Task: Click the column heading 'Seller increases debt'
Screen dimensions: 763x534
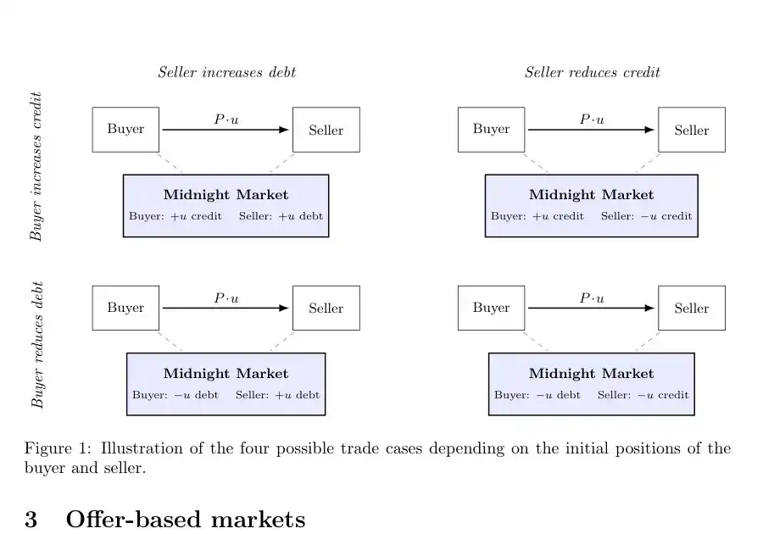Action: coord(226,72)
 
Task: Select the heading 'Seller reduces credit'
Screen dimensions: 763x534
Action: coord(593,72)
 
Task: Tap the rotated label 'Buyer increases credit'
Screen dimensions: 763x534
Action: coord(36,166)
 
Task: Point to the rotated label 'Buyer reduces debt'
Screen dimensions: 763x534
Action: coord(37,344)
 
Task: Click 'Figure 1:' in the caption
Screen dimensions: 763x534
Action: coord(58,448)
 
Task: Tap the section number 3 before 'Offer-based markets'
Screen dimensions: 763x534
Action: coord(31,520)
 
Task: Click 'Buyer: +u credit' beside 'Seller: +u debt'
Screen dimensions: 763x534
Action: coord(175,216)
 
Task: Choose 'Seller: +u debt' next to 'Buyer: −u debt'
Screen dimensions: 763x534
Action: coord(277,395)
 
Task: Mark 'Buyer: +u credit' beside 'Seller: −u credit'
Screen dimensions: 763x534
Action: coord(537,216)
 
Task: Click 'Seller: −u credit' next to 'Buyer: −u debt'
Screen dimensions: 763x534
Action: coord(643,395)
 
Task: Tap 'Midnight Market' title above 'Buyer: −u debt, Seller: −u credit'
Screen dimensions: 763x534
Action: coord(591,374)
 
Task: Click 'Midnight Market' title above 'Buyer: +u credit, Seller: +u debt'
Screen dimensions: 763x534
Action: coord(226,195)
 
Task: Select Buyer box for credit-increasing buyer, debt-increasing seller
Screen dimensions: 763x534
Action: coord(125,130)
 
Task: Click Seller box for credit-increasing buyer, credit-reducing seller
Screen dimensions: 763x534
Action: coord(692,130)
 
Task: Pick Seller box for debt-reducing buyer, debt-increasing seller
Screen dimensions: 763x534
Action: coord(326,308)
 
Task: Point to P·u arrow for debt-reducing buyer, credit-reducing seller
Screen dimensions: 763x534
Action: coord(591,308)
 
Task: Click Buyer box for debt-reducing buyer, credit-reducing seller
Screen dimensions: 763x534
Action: coord(491,308)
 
